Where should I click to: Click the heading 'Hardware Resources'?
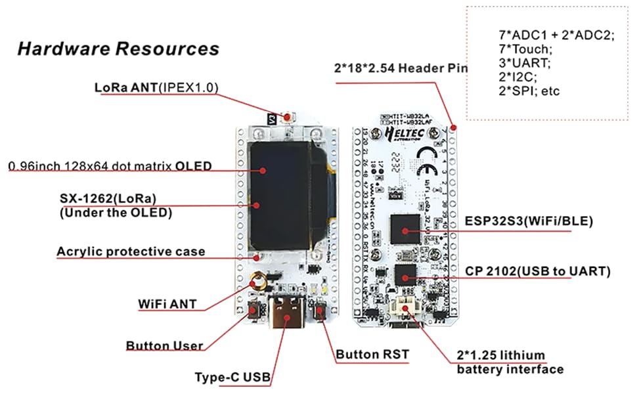(x=118, y=49)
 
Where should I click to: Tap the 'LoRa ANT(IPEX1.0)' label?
(x=156, y=87)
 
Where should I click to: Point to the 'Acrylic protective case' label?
(x=131, y=252)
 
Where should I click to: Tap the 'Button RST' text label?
(x=372, y=355)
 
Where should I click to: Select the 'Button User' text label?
(x=164, y=346)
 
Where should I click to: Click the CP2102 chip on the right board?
(x=405, y=275)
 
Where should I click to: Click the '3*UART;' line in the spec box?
(x=524, y=63)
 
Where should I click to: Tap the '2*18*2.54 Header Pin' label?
(x=401, y=68)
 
